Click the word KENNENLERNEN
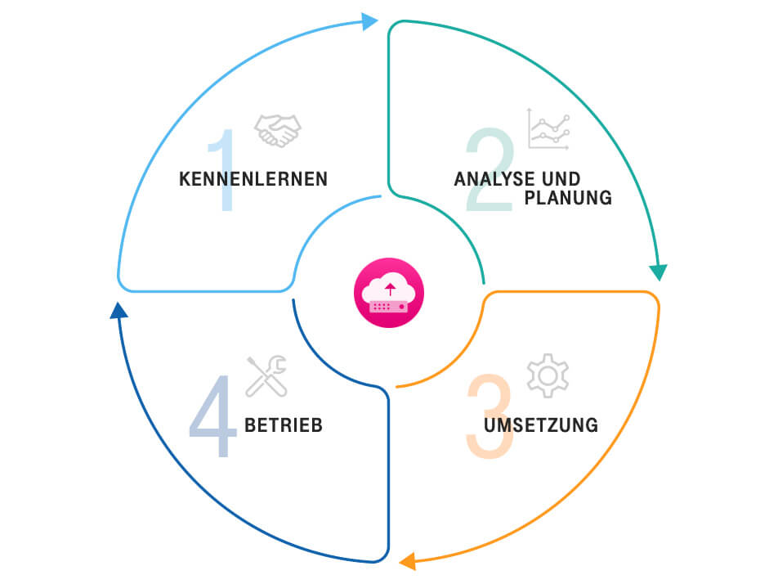pos(253,178)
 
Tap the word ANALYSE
pos(488,178)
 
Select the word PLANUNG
pos(569,198)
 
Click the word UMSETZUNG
pos(540,425)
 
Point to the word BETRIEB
pos(284,425)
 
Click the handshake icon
pos(278,130)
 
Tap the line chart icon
pos(549,128)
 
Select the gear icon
pos(548,375)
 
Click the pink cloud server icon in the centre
pos(389,293)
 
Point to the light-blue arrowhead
pos(369,21)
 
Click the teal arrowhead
pos(658,272)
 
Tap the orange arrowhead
pos(407,562)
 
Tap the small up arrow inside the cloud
pos(390,288)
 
